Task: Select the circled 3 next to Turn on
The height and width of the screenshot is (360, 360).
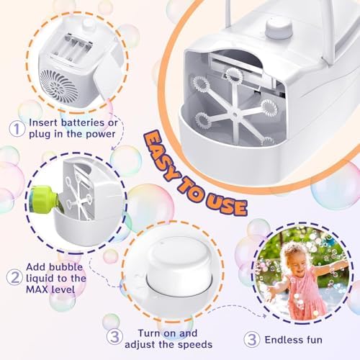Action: [x=113, y=336]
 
